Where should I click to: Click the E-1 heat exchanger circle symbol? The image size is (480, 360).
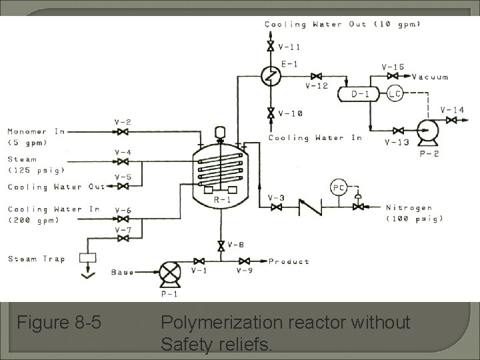[x=271, y=77]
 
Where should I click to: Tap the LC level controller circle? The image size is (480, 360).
[x=395, y=94]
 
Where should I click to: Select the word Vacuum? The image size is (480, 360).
[x=430, y=77]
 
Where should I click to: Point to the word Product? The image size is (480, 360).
[x=289, y=261]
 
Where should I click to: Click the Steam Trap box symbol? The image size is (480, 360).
[x=87, y=257]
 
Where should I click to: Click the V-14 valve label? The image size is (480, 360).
[x=453, y=109]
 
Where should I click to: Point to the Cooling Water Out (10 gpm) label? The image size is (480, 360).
[x=343, y=25]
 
